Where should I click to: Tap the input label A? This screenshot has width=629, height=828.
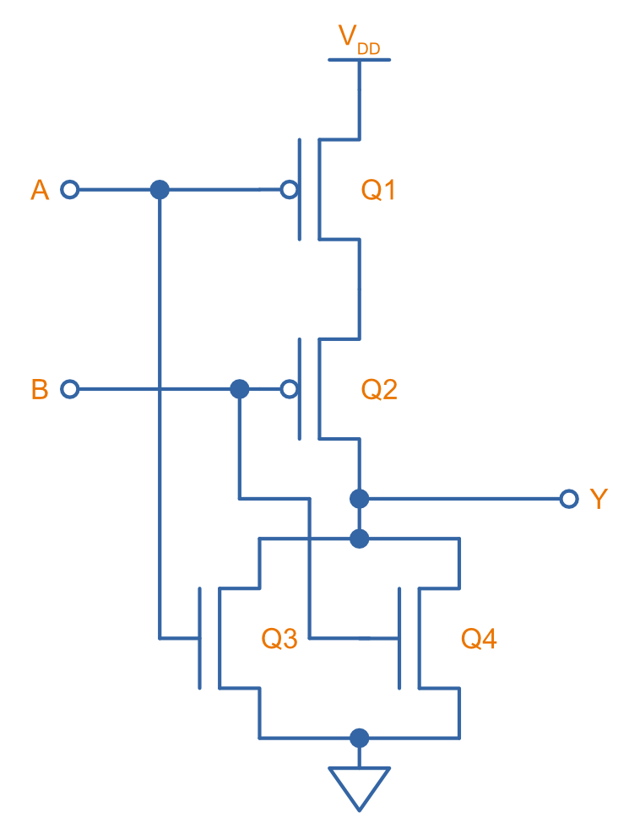[40, 191]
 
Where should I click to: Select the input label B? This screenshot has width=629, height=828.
[40, 390]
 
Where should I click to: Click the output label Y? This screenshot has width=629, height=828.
[599, 500]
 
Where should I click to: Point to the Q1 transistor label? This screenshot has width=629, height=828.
[379, 191]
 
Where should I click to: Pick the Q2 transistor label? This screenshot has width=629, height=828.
[379, 390]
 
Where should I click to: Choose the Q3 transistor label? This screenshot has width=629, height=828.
[279, 640]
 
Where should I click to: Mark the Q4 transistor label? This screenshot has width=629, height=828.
[479, 640]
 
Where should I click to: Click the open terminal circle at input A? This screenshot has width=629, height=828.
[70, 190]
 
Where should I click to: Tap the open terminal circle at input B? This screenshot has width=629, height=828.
[70, 389]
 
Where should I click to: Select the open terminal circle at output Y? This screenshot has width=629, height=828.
[569, 499]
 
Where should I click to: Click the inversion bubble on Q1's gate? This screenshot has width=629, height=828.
[289, 190]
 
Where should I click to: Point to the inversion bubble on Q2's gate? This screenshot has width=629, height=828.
[289, 389]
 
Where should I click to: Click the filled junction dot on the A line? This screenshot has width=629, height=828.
[160, 190]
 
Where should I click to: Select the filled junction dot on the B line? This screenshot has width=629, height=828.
[240, 389]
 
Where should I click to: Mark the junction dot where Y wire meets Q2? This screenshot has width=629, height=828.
[360, 499]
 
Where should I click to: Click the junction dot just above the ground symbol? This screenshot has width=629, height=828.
[360, 739]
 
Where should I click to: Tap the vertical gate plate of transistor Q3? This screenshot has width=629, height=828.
[199, 638]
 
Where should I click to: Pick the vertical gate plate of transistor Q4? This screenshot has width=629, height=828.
[399, 638]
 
